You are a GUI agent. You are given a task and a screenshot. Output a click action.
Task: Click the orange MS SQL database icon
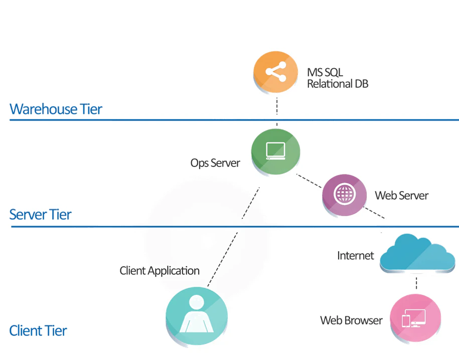point(276,73)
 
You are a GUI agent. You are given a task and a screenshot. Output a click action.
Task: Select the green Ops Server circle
point(275,150)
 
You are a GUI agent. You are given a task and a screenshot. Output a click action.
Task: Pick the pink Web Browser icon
point(415,318)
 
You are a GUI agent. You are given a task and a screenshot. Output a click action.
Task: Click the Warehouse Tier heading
point(56,109)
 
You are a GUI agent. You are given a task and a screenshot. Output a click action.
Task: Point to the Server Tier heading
point(40,215)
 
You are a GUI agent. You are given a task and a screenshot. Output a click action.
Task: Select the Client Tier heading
point(38,331)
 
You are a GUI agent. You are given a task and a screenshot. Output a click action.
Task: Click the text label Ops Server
point(215,163)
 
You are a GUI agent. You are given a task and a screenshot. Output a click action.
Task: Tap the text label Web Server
point(402,195)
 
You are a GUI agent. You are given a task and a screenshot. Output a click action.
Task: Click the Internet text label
point(355,256)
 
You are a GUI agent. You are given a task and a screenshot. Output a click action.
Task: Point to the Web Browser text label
point(351,320)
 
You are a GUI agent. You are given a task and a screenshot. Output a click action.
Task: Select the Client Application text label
point(160,271)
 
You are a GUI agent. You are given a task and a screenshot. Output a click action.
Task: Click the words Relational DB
point(338,84)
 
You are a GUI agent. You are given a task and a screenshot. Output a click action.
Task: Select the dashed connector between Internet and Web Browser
point(416,283)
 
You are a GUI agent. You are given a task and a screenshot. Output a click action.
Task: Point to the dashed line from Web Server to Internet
point(374,212)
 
